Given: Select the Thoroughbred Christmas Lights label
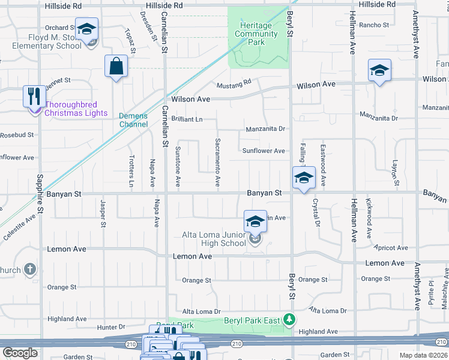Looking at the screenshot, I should pos(76,109).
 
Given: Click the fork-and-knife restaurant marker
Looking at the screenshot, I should pos(32,95).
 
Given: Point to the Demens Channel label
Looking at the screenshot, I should pos(133,120).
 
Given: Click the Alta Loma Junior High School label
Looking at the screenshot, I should pos(214,239).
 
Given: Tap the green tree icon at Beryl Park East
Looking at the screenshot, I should pos(290,319).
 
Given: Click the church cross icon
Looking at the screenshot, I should pos(30,270).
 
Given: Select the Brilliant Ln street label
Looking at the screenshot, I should pos(187,119).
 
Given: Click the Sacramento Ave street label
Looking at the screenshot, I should pos(217,163).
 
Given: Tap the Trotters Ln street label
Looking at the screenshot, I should pos(131,171).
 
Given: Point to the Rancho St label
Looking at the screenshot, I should pos(374,25).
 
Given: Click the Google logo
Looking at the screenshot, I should pos(20,353).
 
